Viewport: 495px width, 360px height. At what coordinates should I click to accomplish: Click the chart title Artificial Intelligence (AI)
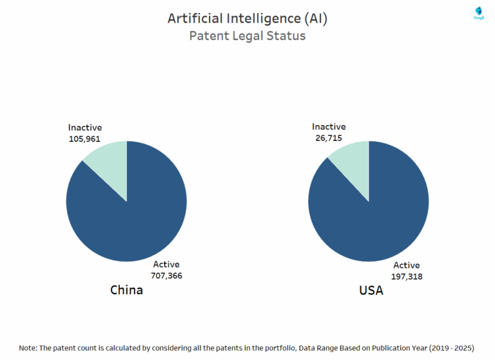click(x=247, y=18)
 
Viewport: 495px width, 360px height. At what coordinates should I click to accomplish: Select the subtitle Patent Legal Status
click(x=247, y=36)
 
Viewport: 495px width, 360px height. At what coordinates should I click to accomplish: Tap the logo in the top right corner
click(x=478, y=12)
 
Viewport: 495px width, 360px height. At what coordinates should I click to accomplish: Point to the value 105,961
click(x=85, y=138)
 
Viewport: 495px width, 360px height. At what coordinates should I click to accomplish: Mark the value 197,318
click(x=407, y=276)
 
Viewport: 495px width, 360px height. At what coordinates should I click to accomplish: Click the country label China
click(x=126, y=290)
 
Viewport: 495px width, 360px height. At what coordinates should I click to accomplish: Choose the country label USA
click(x=371, y=291)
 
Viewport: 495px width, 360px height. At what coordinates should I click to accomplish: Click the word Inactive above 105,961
click(x=85, y=128)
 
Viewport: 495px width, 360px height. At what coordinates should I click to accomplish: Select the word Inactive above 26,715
click(x=329, y=127)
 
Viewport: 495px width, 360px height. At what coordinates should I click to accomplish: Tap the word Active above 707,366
click(x=166, y=264)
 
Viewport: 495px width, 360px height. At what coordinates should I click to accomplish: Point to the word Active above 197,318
click(x=407, y=265)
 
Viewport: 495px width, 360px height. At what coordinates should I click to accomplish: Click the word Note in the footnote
click(x=28, y=348)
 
